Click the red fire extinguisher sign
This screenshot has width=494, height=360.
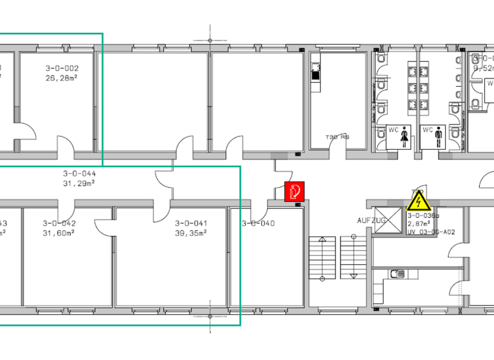(x=294, y=191)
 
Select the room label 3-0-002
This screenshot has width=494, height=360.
(x=62, y=68)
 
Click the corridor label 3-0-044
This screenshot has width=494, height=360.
(x=79, y=174)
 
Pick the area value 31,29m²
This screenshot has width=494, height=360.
(x=79, y=183)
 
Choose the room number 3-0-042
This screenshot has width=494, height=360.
(x=59, y=223)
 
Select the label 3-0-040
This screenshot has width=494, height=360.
(x=258, y=223)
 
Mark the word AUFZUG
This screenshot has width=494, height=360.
(x=371, y=221)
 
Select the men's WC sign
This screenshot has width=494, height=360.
(x=432, y=136)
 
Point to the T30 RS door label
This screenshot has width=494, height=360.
(x=337, y=137)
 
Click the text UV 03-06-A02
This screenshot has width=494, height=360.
(x=431, y=233)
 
